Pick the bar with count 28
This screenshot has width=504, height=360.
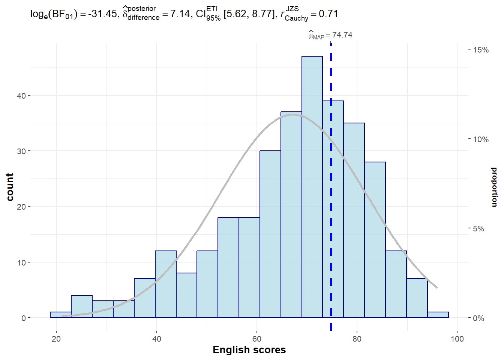[375, 240]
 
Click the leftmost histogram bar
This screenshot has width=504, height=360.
[61, 315]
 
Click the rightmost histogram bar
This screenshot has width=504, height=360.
[438, 315]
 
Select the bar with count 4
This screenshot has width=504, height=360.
[82, 307]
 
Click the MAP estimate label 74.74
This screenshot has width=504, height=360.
[342, 35]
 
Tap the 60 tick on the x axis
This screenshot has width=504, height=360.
[257, 339]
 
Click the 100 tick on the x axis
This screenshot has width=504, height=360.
[457, 339]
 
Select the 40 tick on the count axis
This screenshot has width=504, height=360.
[21, 96]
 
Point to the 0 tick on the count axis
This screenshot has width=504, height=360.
[24, 318]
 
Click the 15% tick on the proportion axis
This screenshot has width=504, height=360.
[481, 50]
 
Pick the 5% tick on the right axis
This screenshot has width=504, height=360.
[478, 229]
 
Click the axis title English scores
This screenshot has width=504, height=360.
[249, 350]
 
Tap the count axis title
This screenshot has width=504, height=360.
[10, 187]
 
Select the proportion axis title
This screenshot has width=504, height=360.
[494, 187]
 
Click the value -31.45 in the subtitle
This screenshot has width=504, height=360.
[102, 14]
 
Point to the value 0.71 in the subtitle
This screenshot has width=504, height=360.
[328, 14]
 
